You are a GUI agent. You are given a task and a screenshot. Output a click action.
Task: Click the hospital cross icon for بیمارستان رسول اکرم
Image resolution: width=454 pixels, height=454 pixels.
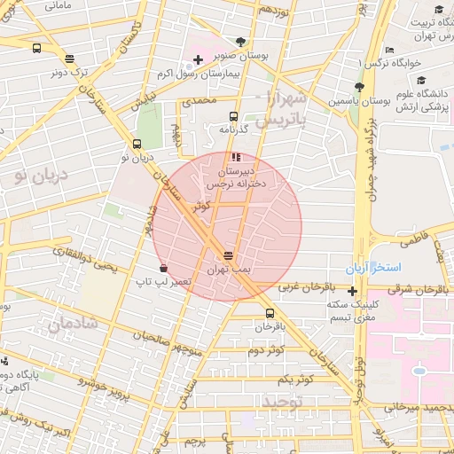coord(198,60)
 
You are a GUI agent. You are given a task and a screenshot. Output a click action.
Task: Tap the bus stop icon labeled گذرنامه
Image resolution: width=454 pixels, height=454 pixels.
coord(233,116)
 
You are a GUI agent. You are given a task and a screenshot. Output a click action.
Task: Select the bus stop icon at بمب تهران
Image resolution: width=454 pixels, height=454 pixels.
coord(230,254)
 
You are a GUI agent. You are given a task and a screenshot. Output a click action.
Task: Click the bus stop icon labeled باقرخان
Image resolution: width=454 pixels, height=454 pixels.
coord(270,313)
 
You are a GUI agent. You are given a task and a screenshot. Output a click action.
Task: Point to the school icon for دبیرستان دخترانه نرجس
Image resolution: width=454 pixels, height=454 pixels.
coord(235,157)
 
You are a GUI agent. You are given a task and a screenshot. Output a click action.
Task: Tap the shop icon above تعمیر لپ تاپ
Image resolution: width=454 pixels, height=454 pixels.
coord(163,268)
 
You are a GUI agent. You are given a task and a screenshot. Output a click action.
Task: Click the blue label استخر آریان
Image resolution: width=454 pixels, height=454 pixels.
coord(375,267)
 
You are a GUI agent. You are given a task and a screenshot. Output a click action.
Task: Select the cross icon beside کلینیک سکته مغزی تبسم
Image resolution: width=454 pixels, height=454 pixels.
coord(353,292)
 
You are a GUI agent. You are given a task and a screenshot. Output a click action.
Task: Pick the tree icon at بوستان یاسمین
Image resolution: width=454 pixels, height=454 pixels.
coord(358,87)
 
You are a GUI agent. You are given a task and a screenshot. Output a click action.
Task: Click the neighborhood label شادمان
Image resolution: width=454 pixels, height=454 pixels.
coord(72,326)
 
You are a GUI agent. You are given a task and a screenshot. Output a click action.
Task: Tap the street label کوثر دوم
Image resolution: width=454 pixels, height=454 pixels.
coord(265,350)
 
